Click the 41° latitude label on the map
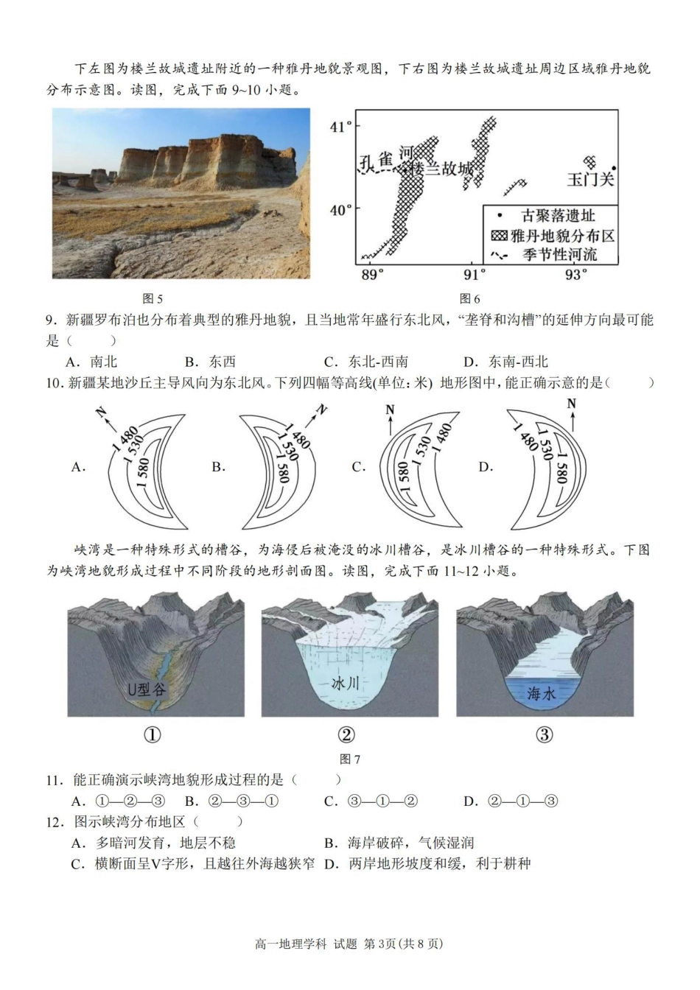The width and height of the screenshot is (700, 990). pos(341,127)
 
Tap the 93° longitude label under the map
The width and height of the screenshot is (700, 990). pos(575,275)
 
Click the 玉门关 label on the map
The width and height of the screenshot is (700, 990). pos(590,179)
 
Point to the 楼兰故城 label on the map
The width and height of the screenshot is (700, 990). pos(441,169)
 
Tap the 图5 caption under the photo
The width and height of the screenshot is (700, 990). pos(152,298)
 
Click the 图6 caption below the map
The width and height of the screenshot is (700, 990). pos(469,298)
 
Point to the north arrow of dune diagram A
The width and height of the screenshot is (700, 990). pos(105,418)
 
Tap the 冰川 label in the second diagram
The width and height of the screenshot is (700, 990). pos(345,684)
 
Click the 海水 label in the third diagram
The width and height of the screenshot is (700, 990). pos(543,693)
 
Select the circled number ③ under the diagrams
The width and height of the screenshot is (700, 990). pos(544,734)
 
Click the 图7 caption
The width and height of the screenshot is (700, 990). pos(349,759)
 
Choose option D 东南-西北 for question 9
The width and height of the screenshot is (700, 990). pos(506,362)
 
